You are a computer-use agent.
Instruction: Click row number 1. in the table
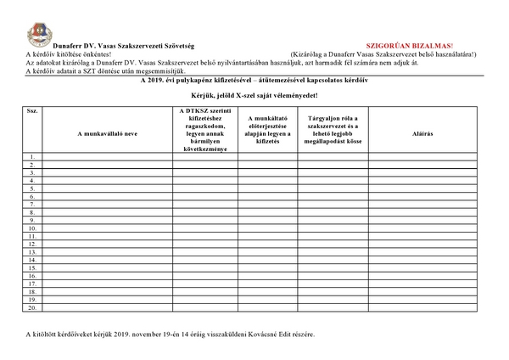pyautogui.click(x=31, y=157)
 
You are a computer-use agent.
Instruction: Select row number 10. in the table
pyautogui.click(x=31, y=228)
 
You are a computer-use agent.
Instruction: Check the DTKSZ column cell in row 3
pyautogui.click(x=204, y=172)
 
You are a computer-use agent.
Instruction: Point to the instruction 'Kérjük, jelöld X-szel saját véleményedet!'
pyautogui.click(x=254, y=97)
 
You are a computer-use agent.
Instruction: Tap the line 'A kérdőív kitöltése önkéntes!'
pyautogui.click(x=76, y=53)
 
